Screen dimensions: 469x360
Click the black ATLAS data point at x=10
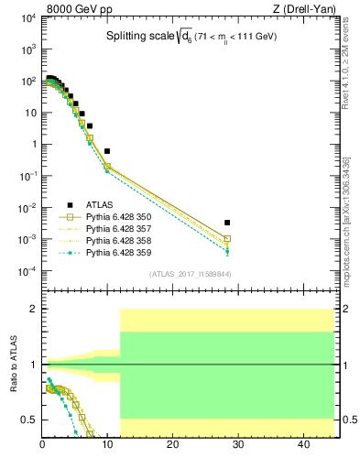click(x=107, y=151)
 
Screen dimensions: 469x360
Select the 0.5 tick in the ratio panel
click(x=29, y=420)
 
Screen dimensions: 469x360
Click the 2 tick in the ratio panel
click(x=33, y=310)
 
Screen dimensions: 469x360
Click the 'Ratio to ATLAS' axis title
click(x=12, y=365)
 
